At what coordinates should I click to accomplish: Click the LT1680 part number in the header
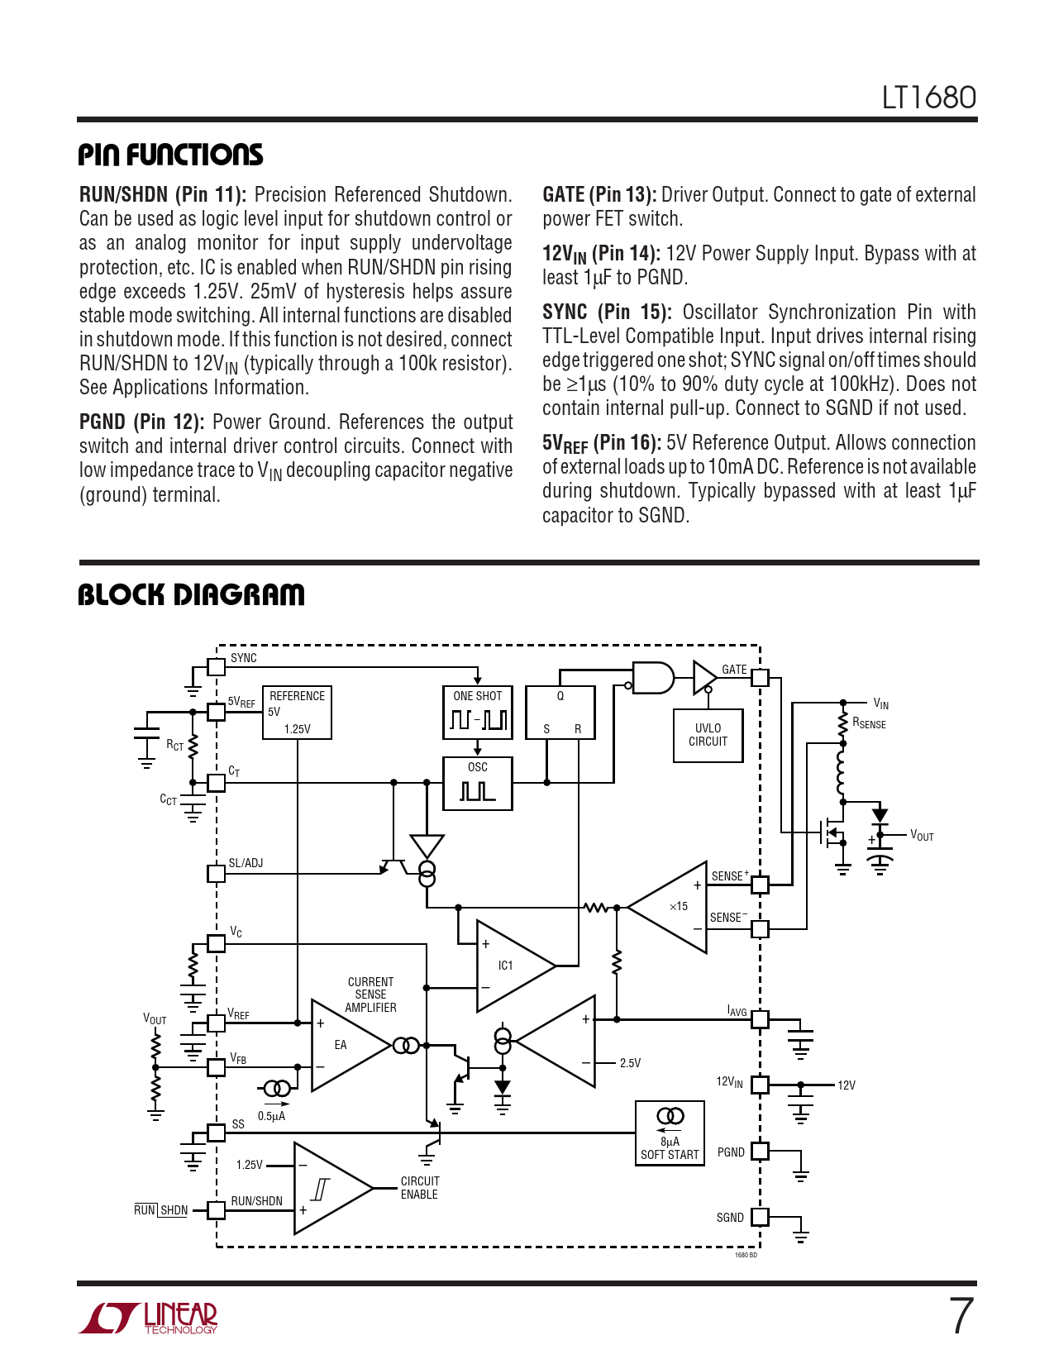coord(928,98)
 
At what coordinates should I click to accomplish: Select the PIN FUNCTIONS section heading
coord(170,155)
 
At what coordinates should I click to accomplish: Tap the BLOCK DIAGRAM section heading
coord(191,594)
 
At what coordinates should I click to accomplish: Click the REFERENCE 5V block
coord(297,712)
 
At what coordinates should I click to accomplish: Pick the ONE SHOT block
coord(478,711)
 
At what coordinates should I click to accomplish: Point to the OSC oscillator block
coord(478,783)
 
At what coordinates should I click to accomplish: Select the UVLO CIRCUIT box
coord(708,735)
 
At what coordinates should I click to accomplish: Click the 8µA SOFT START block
coord(670,1133)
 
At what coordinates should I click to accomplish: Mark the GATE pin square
coord(760,678)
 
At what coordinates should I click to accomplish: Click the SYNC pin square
coord(216,666)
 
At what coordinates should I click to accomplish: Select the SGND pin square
coord(760,1217)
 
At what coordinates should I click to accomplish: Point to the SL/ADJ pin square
coord(216,873)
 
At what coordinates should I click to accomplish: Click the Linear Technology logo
coord(149,1318)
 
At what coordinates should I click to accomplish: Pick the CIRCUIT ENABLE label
coord(420,1188)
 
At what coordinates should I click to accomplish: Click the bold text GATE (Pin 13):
coord(599,195)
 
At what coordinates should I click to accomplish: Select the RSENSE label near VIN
coord(869,723)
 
